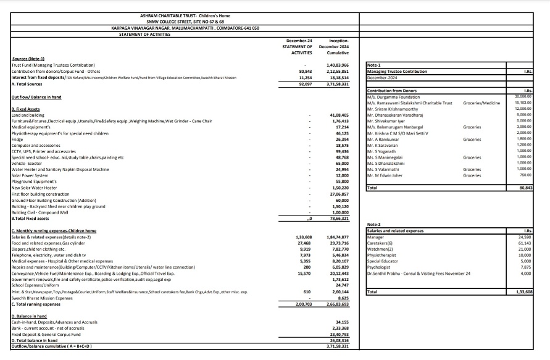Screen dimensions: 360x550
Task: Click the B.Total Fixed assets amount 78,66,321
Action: click(338, 218)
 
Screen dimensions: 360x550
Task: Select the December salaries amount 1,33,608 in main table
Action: click(304, 237)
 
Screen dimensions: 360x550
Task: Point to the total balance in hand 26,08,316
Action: click(340, 340)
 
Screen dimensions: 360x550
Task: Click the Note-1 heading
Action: click(374, 65)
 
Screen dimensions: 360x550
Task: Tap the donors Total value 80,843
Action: click(525, 187)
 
